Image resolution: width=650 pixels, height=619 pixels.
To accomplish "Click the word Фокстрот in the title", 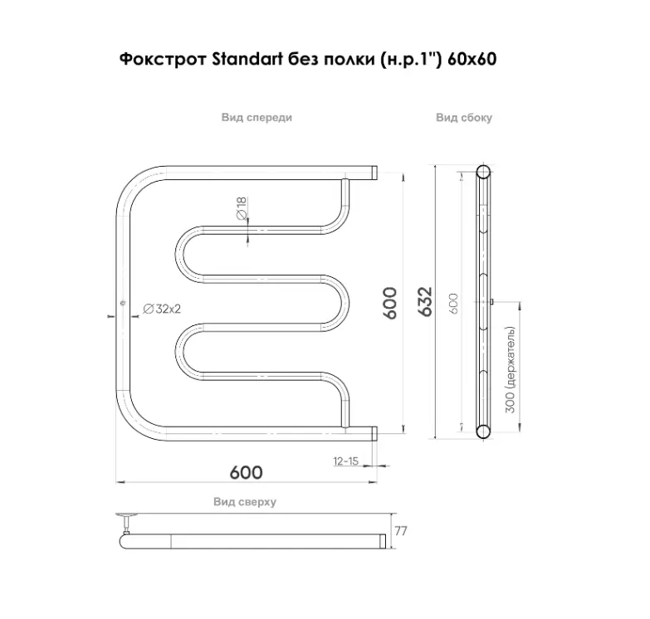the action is coord(164,59).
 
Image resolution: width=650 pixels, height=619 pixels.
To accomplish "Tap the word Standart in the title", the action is coord(247,59).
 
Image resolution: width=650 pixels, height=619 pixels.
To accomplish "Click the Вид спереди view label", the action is coord(257,118).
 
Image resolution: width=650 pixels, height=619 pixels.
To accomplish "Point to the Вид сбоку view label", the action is coord(464,118).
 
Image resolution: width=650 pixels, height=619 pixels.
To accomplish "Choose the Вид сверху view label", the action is coord(245,502).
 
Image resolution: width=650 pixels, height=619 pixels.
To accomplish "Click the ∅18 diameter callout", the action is coord(242,208).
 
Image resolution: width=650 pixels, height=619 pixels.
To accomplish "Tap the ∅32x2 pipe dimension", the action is coord(162,309).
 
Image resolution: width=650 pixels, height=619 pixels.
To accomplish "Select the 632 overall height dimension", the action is coord(425,302).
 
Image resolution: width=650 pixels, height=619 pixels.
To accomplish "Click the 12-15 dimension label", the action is coord(345,461).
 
